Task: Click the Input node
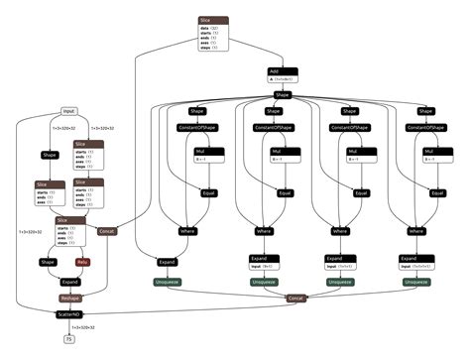pos(68,111)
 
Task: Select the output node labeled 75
pos(68,339)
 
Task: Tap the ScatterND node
pos(69,313)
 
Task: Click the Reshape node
pos(69,297)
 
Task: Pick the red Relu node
pos(84,262)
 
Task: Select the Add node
pos(282,71)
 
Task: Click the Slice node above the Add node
pos(213,19)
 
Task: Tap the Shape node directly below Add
pos(282,94)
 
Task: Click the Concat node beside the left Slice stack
pos(107,231)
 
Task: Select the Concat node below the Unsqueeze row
pos(294,298)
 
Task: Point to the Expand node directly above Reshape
pos(69,281)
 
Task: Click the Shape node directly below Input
pos(50,155)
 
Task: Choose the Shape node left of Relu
pos(48,262)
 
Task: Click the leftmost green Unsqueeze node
pos(168,282)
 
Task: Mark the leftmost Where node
pos(188,231)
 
